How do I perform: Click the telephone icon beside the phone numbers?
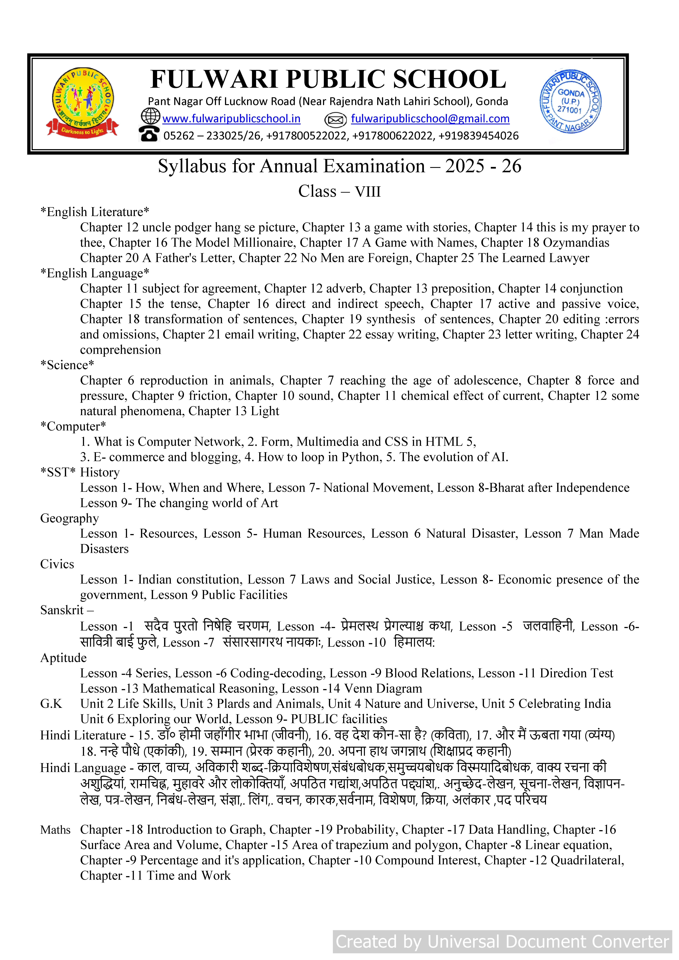(149, 134)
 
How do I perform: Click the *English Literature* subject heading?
(95, 212)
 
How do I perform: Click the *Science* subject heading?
(67, 365)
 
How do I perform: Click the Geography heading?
(69, 518)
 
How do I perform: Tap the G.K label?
(51, 704)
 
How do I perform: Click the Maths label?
(55, 830)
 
